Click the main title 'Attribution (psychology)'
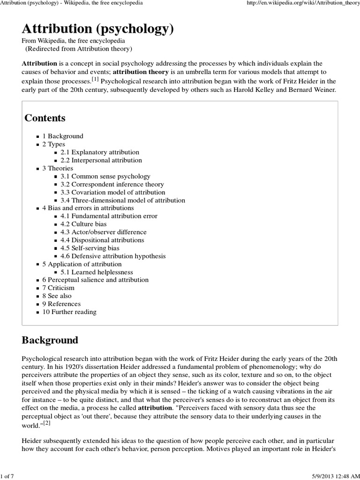(97, 29)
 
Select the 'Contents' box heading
(45, 118)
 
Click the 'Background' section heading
(50, 340)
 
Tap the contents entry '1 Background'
(63, 136)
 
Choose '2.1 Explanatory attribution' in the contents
(100, 152)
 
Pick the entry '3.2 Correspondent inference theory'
(112, 184)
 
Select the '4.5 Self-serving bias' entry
(90, 248)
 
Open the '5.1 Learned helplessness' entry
(97, 272)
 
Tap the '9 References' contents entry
(61, 304)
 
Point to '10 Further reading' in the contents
(69, 312)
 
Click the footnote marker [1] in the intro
(95, 80)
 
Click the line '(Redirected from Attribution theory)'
(78, 49)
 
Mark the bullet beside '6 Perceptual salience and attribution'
(38, 280)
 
